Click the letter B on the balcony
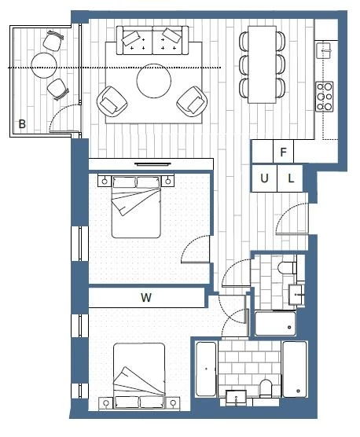(x=22, y=123)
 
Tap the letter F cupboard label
(x=283, y=152)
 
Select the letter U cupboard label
(x=264, y=178)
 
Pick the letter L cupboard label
(x=291, y=178)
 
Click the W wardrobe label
(x=146, y=298)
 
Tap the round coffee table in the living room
(x=154, y=81)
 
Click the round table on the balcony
(x=44, y=65)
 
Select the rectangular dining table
(x=263, y=64)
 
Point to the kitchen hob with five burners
(x=325, y=97)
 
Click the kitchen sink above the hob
(x=324, y=50)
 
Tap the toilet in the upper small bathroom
(x=287, y=268)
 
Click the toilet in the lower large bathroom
(x=266, y=388)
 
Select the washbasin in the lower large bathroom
(x=237, y=398)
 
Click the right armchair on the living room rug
(x=192, y=101)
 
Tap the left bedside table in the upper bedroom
(x=105, y=181)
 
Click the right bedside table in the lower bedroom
(x=173, y=402)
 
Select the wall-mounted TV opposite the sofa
(x=152, y=163)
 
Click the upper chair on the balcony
(x=53, y=41)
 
